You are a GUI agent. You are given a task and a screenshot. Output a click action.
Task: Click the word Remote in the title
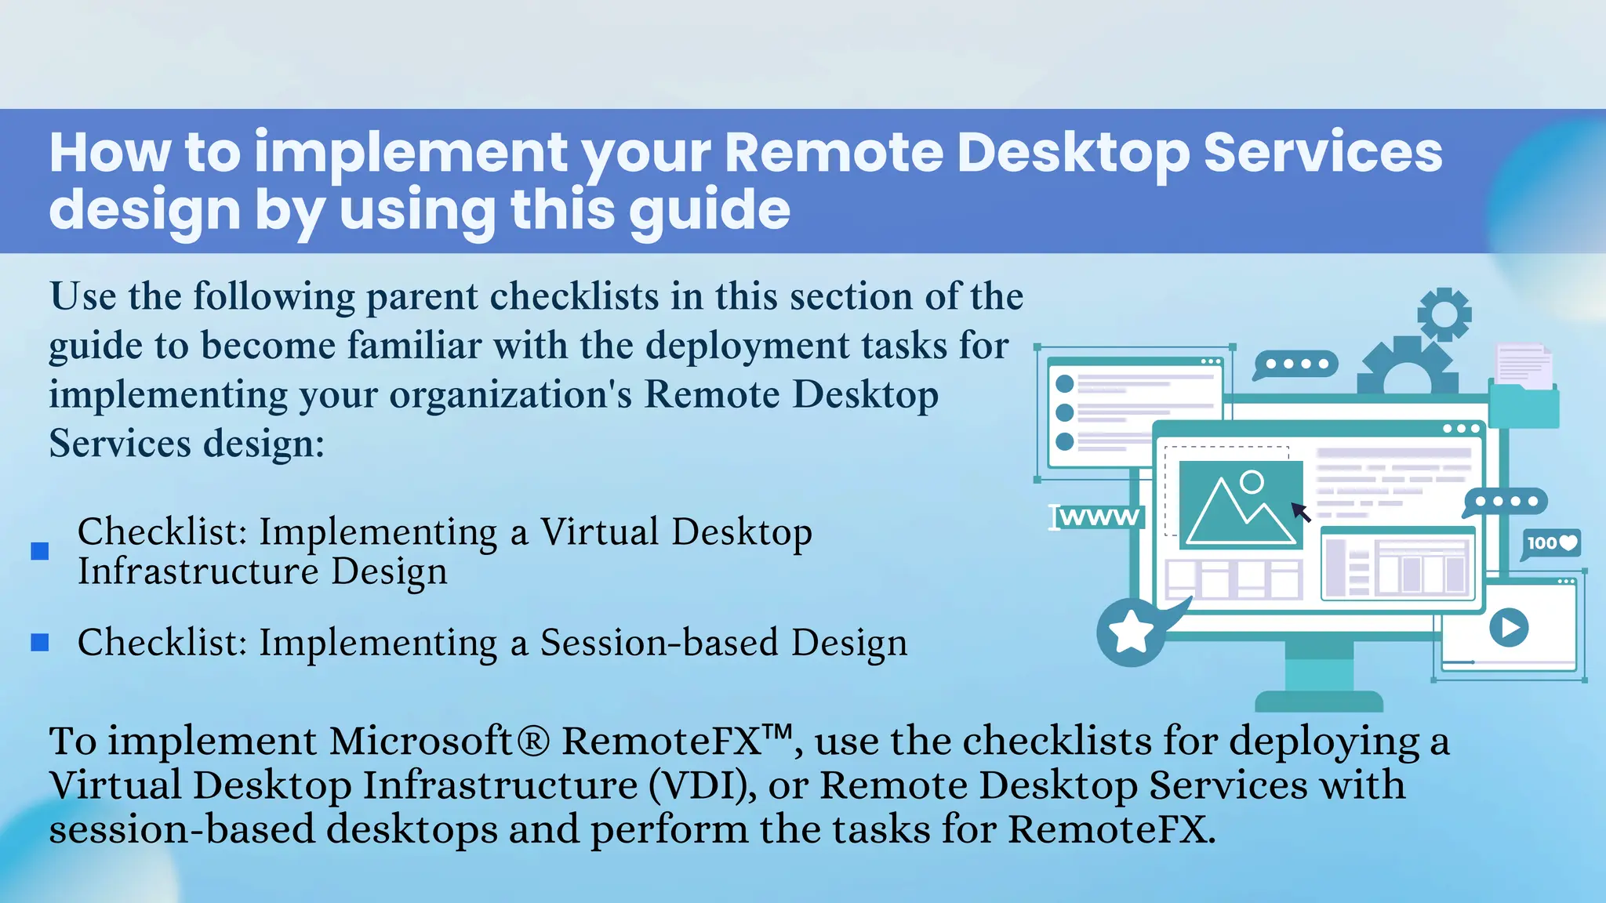tap(834, 152)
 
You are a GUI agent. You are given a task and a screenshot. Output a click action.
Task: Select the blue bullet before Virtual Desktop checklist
tap(40, 552)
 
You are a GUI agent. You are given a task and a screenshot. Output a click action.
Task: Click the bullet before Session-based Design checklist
tap(40, 643)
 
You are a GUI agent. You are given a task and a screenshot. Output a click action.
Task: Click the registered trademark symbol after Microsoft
tap(533, 742)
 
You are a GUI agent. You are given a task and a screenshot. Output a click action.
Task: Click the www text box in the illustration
tap(1097, 517)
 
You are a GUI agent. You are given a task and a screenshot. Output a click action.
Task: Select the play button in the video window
tap(1508, 628)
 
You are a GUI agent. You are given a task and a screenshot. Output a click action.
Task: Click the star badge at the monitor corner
tap(1131, 632)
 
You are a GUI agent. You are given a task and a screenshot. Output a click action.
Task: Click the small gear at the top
tap(1444, 314)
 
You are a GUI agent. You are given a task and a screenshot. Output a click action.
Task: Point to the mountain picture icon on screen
tap(1241, 506)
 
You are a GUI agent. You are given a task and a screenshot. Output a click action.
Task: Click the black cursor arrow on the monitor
tap(1301, 513)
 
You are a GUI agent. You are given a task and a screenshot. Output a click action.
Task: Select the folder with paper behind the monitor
tap(1524, 390)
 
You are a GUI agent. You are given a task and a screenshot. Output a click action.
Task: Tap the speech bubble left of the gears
tap(1295, 364)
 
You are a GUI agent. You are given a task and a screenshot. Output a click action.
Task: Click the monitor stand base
tap(1319, 699)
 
